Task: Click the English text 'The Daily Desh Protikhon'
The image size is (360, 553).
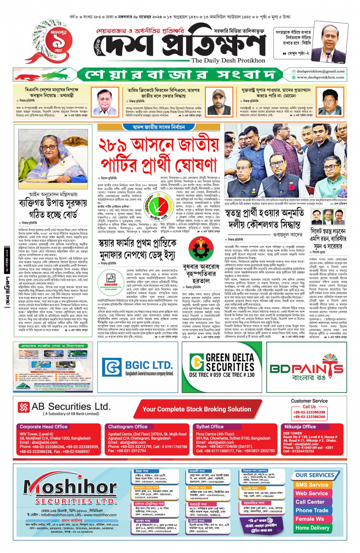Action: point(228,60)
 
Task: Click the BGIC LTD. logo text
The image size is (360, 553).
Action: point(149,365)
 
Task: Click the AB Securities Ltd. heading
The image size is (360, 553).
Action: point(71,406)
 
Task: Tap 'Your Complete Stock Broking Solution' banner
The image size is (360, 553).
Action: point(197,409)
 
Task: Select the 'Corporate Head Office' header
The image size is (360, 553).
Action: point(43,427)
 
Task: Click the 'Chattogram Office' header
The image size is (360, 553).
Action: point(128,427)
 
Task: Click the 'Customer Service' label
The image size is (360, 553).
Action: point(309,401)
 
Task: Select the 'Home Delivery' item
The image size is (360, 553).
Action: point(312,528)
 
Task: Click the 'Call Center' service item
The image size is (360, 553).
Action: point(310,502)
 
